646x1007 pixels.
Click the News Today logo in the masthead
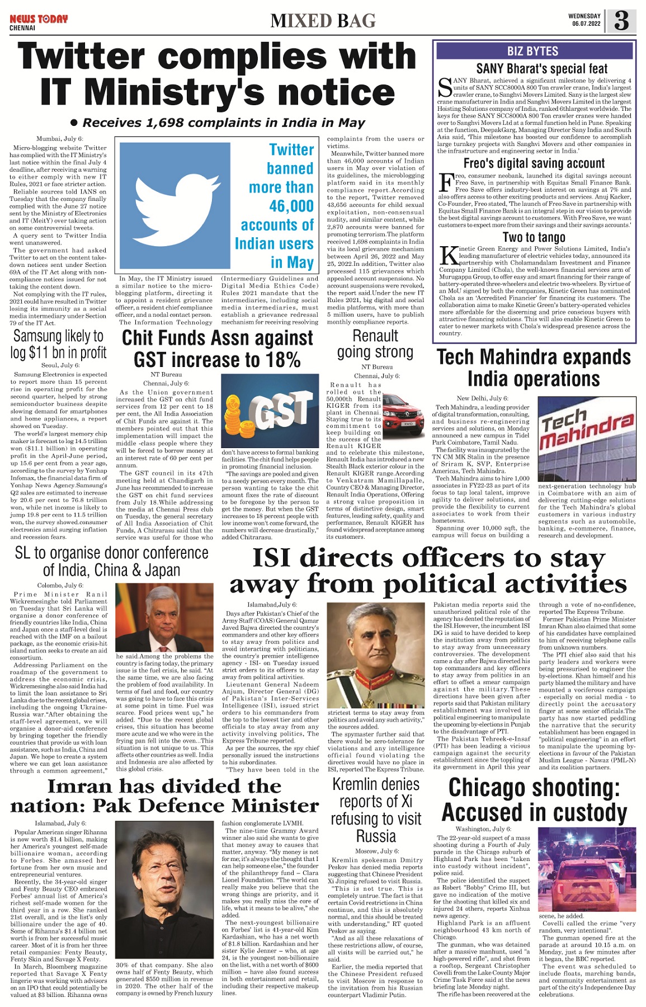click(x=38, y=20)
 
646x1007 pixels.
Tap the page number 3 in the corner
click(x=621, y=21)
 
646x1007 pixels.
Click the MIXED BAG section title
click(x=323, y=21)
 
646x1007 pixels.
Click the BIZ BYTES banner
click(x=533, y=51)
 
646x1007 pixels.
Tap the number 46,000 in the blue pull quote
click(x=291, y=206)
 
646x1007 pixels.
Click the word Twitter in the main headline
click(x=82, y=57)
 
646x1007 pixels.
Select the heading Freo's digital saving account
click(x=534, y=163)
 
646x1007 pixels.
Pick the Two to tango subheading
click(x=534, y=237)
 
